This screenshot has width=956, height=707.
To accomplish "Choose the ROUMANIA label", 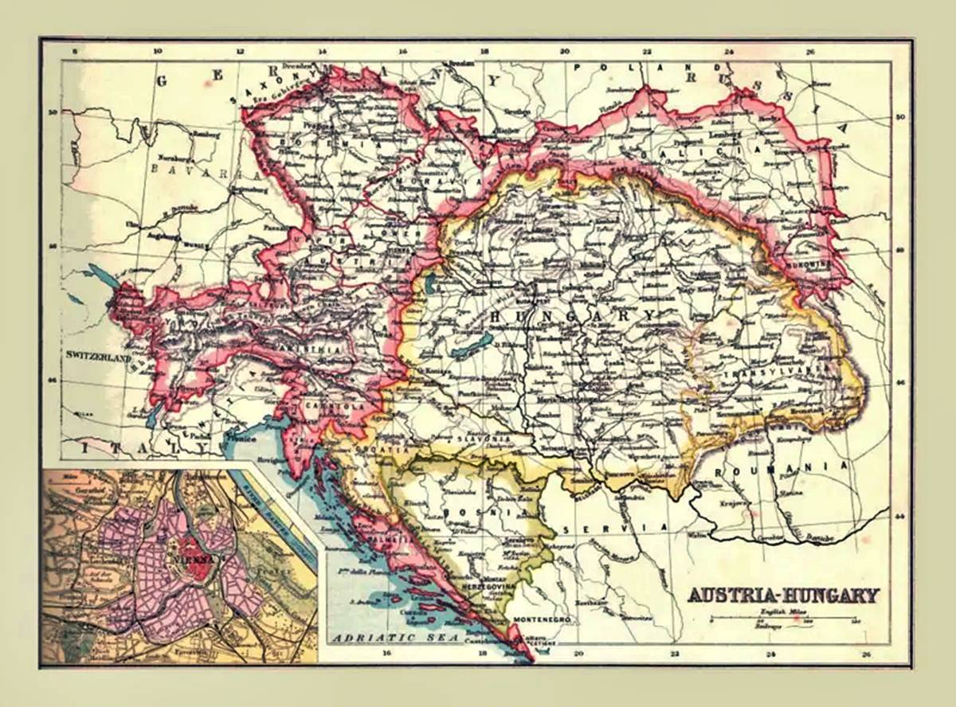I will (780, 468).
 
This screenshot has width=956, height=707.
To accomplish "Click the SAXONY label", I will (259, 84).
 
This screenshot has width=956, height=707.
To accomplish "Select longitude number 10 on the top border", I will (157, 51).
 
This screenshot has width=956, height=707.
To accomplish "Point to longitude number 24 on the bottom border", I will (770, 655).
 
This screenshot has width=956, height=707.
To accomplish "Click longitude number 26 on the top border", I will (810, 51).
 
